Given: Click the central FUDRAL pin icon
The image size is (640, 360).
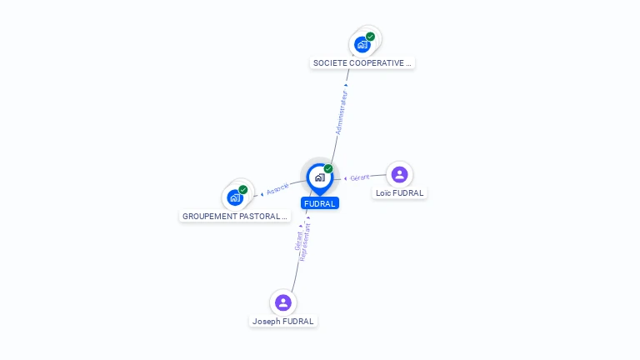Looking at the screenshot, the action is point(320,179).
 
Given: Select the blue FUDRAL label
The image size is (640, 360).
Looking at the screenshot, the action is point(320,203).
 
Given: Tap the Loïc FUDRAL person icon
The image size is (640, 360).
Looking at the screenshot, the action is point(400,175).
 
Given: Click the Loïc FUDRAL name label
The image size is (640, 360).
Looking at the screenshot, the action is point(400,193).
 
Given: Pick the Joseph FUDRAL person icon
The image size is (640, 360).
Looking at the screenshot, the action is point(282,302).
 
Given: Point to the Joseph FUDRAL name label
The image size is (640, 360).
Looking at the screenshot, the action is point(282,321).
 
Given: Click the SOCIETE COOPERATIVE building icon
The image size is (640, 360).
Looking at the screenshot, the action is point(362,44).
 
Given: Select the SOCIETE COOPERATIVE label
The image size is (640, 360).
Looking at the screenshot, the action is point(362,62).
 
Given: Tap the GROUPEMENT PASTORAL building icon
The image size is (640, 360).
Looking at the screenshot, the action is point(235,198).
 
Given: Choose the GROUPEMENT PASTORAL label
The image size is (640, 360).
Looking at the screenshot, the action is point(235,217).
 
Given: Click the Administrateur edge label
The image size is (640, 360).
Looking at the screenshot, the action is point(341,112).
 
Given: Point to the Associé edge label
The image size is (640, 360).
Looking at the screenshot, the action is point(277,189).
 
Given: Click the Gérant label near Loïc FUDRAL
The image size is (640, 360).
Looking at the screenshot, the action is point(360,177).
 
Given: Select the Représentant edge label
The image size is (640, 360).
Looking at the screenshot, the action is point(305,242).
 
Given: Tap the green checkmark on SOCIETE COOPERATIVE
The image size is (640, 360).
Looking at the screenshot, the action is point(370,37).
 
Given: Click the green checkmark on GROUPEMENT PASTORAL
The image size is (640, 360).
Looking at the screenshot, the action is point(243,190).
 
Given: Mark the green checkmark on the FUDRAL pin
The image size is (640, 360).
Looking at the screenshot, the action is point(328,168).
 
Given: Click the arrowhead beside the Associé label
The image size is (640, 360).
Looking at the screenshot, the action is point(262,194).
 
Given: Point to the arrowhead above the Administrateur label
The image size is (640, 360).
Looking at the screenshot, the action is point(346,85).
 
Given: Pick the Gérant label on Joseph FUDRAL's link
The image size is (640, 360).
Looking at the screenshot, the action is point(298,241).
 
